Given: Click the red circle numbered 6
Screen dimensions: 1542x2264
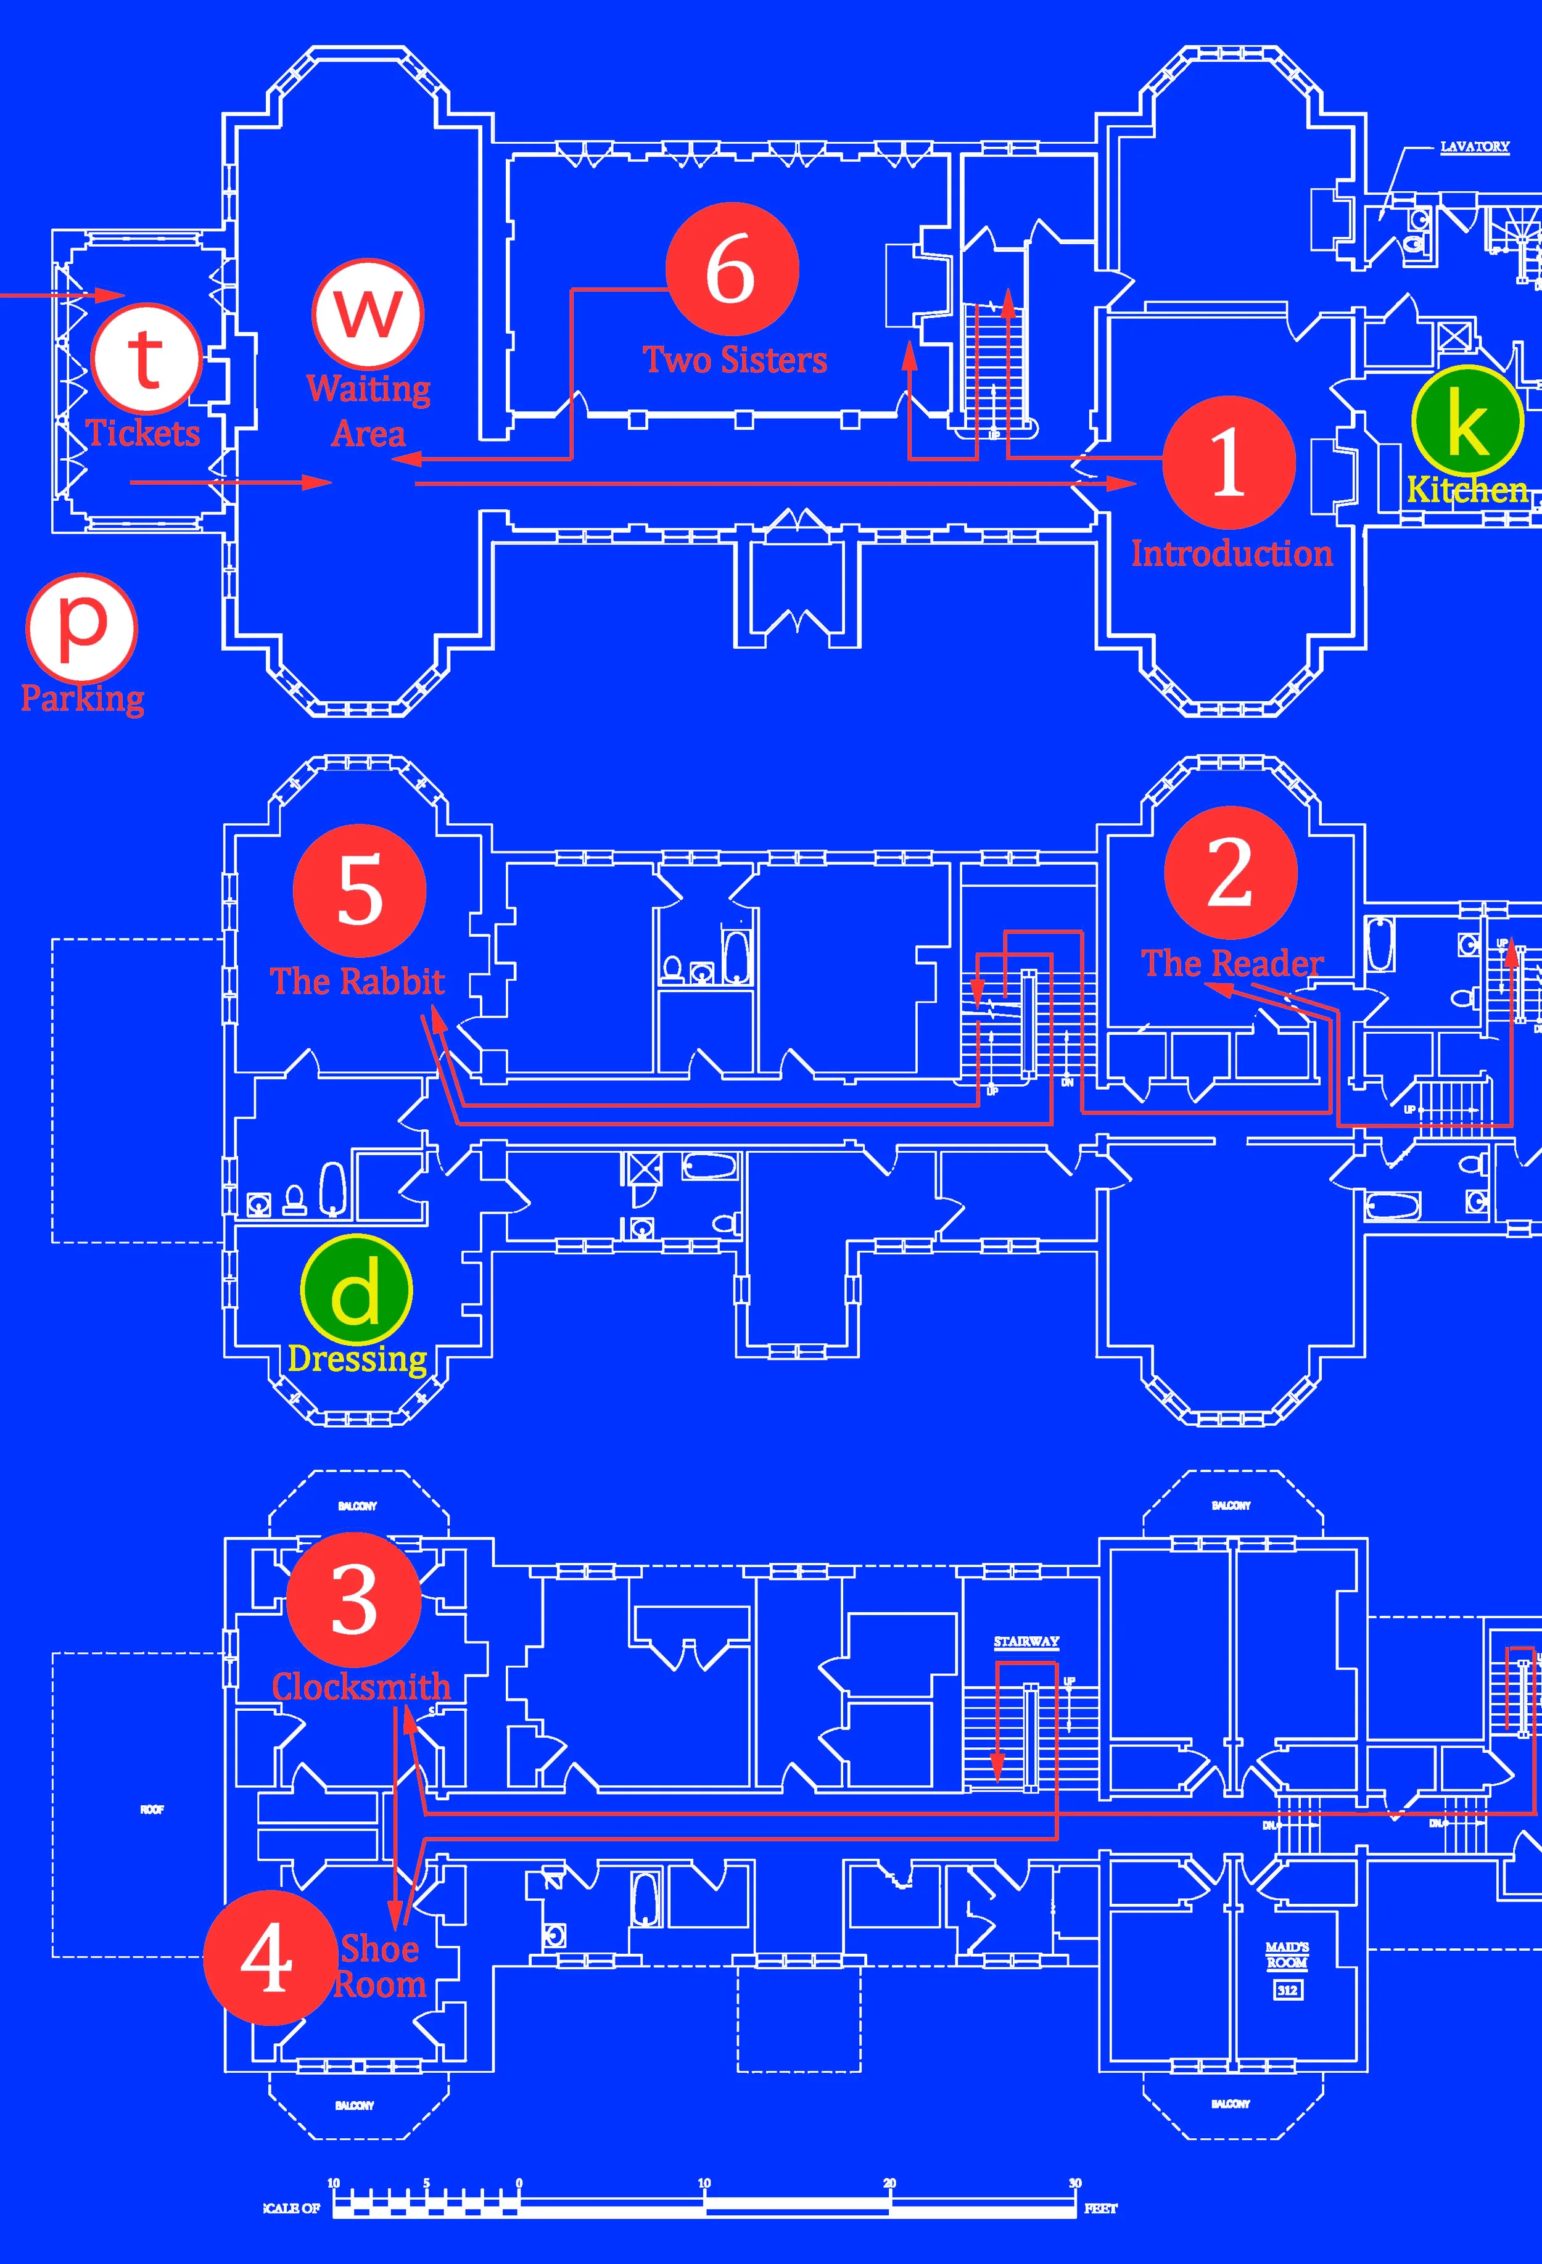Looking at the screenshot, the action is click(x=733, y=269).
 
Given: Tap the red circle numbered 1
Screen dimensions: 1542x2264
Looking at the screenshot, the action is click(x=1228, y=463).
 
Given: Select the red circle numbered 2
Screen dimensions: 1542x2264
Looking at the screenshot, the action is click(x=1231, y=872).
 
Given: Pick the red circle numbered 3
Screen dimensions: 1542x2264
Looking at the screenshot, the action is click(x=353, y=1600).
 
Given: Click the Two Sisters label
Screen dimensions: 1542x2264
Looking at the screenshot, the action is click(x=735, y=360).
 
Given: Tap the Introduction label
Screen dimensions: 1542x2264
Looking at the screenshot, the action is click(x=1231, y=553).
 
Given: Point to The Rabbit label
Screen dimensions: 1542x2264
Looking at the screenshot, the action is click(x=358, y=981).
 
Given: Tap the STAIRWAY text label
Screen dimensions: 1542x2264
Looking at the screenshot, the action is click(x=1026, y=1642).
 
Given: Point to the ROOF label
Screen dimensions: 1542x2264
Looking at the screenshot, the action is click(x=152, y=1810).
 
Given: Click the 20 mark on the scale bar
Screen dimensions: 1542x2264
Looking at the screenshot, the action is click(x=889, y=2183).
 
